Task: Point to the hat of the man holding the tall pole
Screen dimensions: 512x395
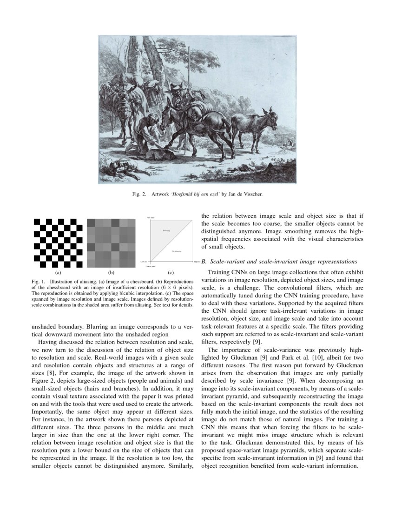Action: (x=177, y=87)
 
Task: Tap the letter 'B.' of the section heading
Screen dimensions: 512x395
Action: (x=204, y=262)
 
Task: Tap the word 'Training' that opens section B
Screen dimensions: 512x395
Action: (x=220, y=271)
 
